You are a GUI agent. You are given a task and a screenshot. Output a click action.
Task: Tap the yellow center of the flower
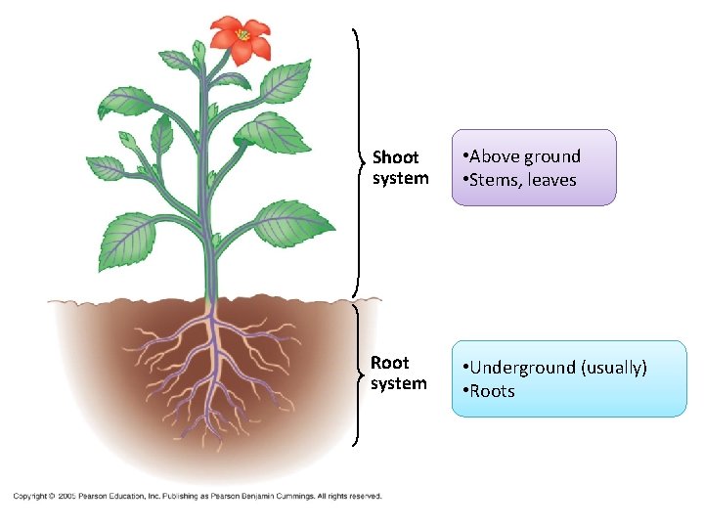click(x=242, y=36)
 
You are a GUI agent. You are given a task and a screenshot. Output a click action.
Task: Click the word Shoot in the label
click(x=395, y=157)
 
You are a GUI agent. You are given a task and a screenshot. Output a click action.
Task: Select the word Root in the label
click(x=390, y=363)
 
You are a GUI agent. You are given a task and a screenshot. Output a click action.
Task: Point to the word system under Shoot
click(x=400, y=178)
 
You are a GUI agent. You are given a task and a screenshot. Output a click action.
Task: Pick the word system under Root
click(x=398, y=383)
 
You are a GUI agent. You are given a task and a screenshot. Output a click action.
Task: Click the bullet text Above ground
click(x=523, y=156)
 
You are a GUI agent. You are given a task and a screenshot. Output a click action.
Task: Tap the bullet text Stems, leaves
click(x=521, y=180)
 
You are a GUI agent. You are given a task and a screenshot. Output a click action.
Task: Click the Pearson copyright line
click(x=197, y=496)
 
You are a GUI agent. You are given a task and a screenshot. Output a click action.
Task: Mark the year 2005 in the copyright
click(x=66, y=496)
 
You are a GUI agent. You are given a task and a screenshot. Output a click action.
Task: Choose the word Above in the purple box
click(x=495, y=156)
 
